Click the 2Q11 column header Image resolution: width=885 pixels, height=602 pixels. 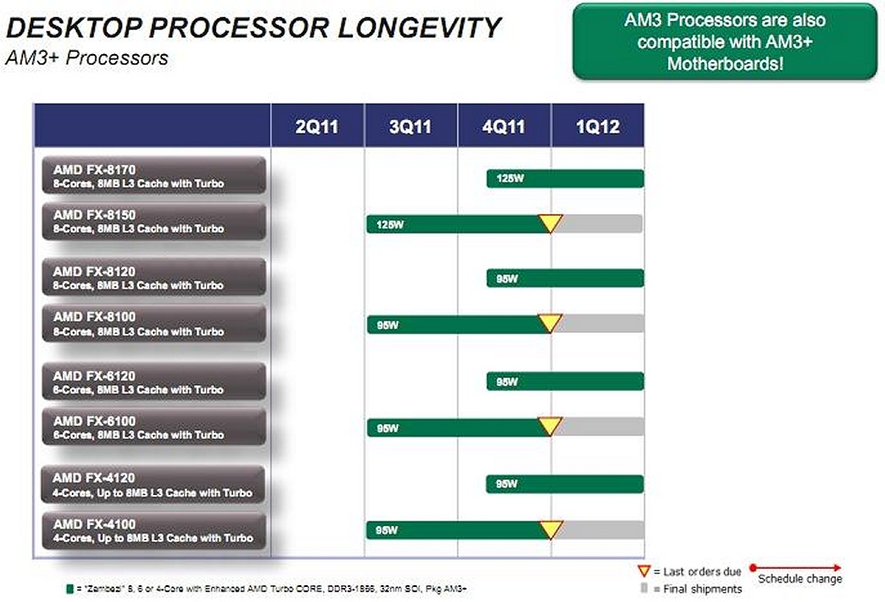(x=317, y=127)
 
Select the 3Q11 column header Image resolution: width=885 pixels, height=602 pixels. (x=411, y=127)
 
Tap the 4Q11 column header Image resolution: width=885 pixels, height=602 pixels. (x=504, y=127)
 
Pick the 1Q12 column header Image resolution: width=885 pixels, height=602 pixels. (x=597, y=127)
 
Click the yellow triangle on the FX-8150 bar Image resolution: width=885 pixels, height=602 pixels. (x=550, y=223)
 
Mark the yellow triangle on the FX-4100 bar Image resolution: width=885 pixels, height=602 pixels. (x=550, y=529)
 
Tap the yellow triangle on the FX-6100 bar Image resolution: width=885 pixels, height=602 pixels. (x=550, y=427)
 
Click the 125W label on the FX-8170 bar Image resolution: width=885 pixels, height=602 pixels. (x=510, y=179)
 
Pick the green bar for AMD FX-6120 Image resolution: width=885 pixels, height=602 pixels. (x=565, y=381)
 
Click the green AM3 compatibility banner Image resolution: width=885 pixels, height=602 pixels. (x=725, y=42)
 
